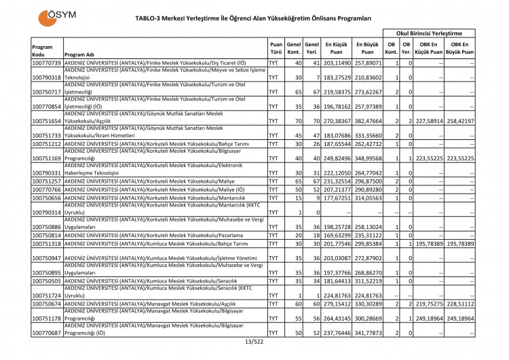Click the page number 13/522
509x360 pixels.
254,341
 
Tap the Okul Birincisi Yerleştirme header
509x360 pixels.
429,33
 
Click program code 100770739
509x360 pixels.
47,62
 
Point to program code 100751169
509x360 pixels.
47,158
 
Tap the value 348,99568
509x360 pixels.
367,158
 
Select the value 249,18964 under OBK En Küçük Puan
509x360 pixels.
429,317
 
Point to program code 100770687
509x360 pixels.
47,333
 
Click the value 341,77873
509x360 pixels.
367,333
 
